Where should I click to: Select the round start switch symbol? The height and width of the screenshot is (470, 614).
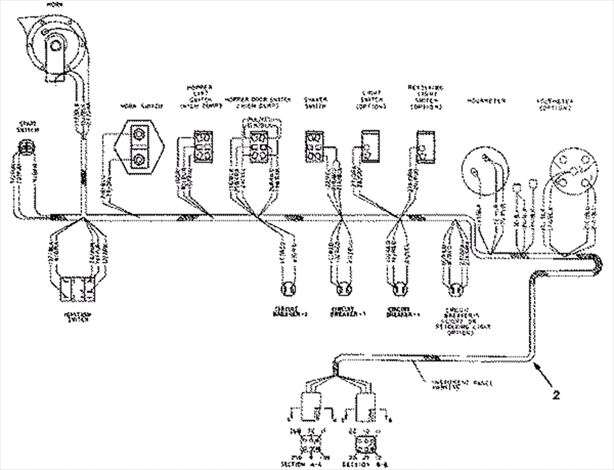(26, 148)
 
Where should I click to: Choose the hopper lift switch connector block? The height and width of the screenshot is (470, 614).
(203, 146)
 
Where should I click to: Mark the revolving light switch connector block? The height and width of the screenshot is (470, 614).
(426, 146)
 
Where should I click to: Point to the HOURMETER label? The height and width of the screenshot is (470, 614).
(486, 101)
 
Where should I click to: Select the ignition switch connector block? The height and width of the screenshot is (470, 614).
(76, 289)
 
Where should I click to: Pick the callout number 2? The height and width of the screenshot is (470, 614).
(556, 395)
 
